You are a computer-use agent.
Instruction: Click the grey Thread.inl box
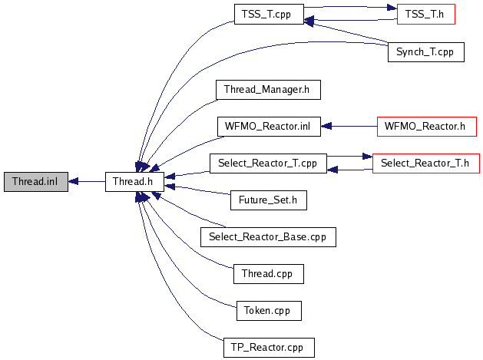click(x=35, y=182)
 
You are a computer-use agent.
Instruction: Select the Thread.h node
click(x=134, y=182)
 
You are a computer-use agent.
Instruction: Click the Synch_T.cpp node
click(x=426, y=53)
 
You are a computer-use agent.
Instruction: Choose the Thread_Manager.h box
click(x=266, y=89)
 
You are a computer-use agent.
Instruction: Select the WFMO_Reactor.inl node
click(x=268, y=126)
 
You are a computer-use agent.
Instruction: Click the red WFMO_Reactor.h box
click(x=426, y=126)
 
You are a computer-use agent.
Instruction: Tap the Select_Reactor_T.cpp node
click(x=268, y=163)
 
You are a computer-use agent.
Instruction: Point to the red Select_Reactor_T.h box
click(x=426, y=163)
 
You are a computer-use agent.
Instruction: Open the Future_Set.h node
click(x=269, y=200)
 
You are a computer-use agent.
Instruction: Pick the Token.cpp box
click(x=268, y=310)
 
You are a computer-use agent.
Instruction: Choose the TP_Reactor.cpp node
click(x=268, y=347)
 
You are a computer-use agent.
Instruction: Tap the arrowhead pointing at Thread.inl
click(x=73, y=182)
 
